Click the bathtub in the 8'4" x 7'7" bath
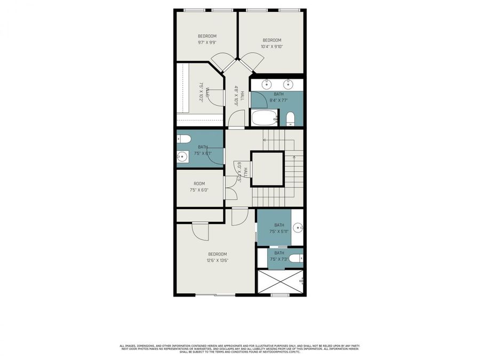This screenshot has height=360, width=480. click(x=264, y=118)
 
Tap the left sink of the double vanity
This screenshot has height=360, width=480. click(x=267, y=84)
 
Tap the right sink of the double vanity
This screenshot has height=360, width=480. click(x=289, y=84)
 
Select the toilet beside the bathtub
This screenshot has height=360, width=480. click(x=291, y=118)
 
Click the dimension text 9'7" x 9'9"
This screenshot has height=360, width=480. click(x=207, y=42)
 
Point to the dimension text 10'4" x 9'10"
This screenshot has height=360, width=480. click(x=271, y=46)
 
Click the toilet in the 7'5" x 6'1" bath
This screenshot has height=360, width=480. click(x=183, y=139)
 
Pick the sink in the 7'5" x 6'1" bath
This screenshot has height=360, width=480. click(x=182, y=157)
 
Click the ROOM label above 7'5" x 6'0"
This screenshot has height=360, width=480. click(x=199, y=183)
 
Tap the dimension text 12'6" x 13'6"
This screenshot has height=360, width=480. click(x=217, y=260)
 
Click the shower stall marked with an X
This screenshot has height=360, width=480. click(x=281, y=281)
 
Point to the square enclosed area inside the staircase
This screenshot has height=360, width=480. click(x=267, y=169)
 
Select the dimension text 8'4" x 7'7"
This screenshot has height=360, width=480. click(x=279, y=100)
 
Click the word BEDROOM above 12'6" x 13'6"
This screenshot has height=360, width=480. click(x=217, y=254)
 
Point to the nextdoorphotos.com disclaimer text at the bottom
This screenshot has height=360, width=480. click(x=239, y=348)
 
